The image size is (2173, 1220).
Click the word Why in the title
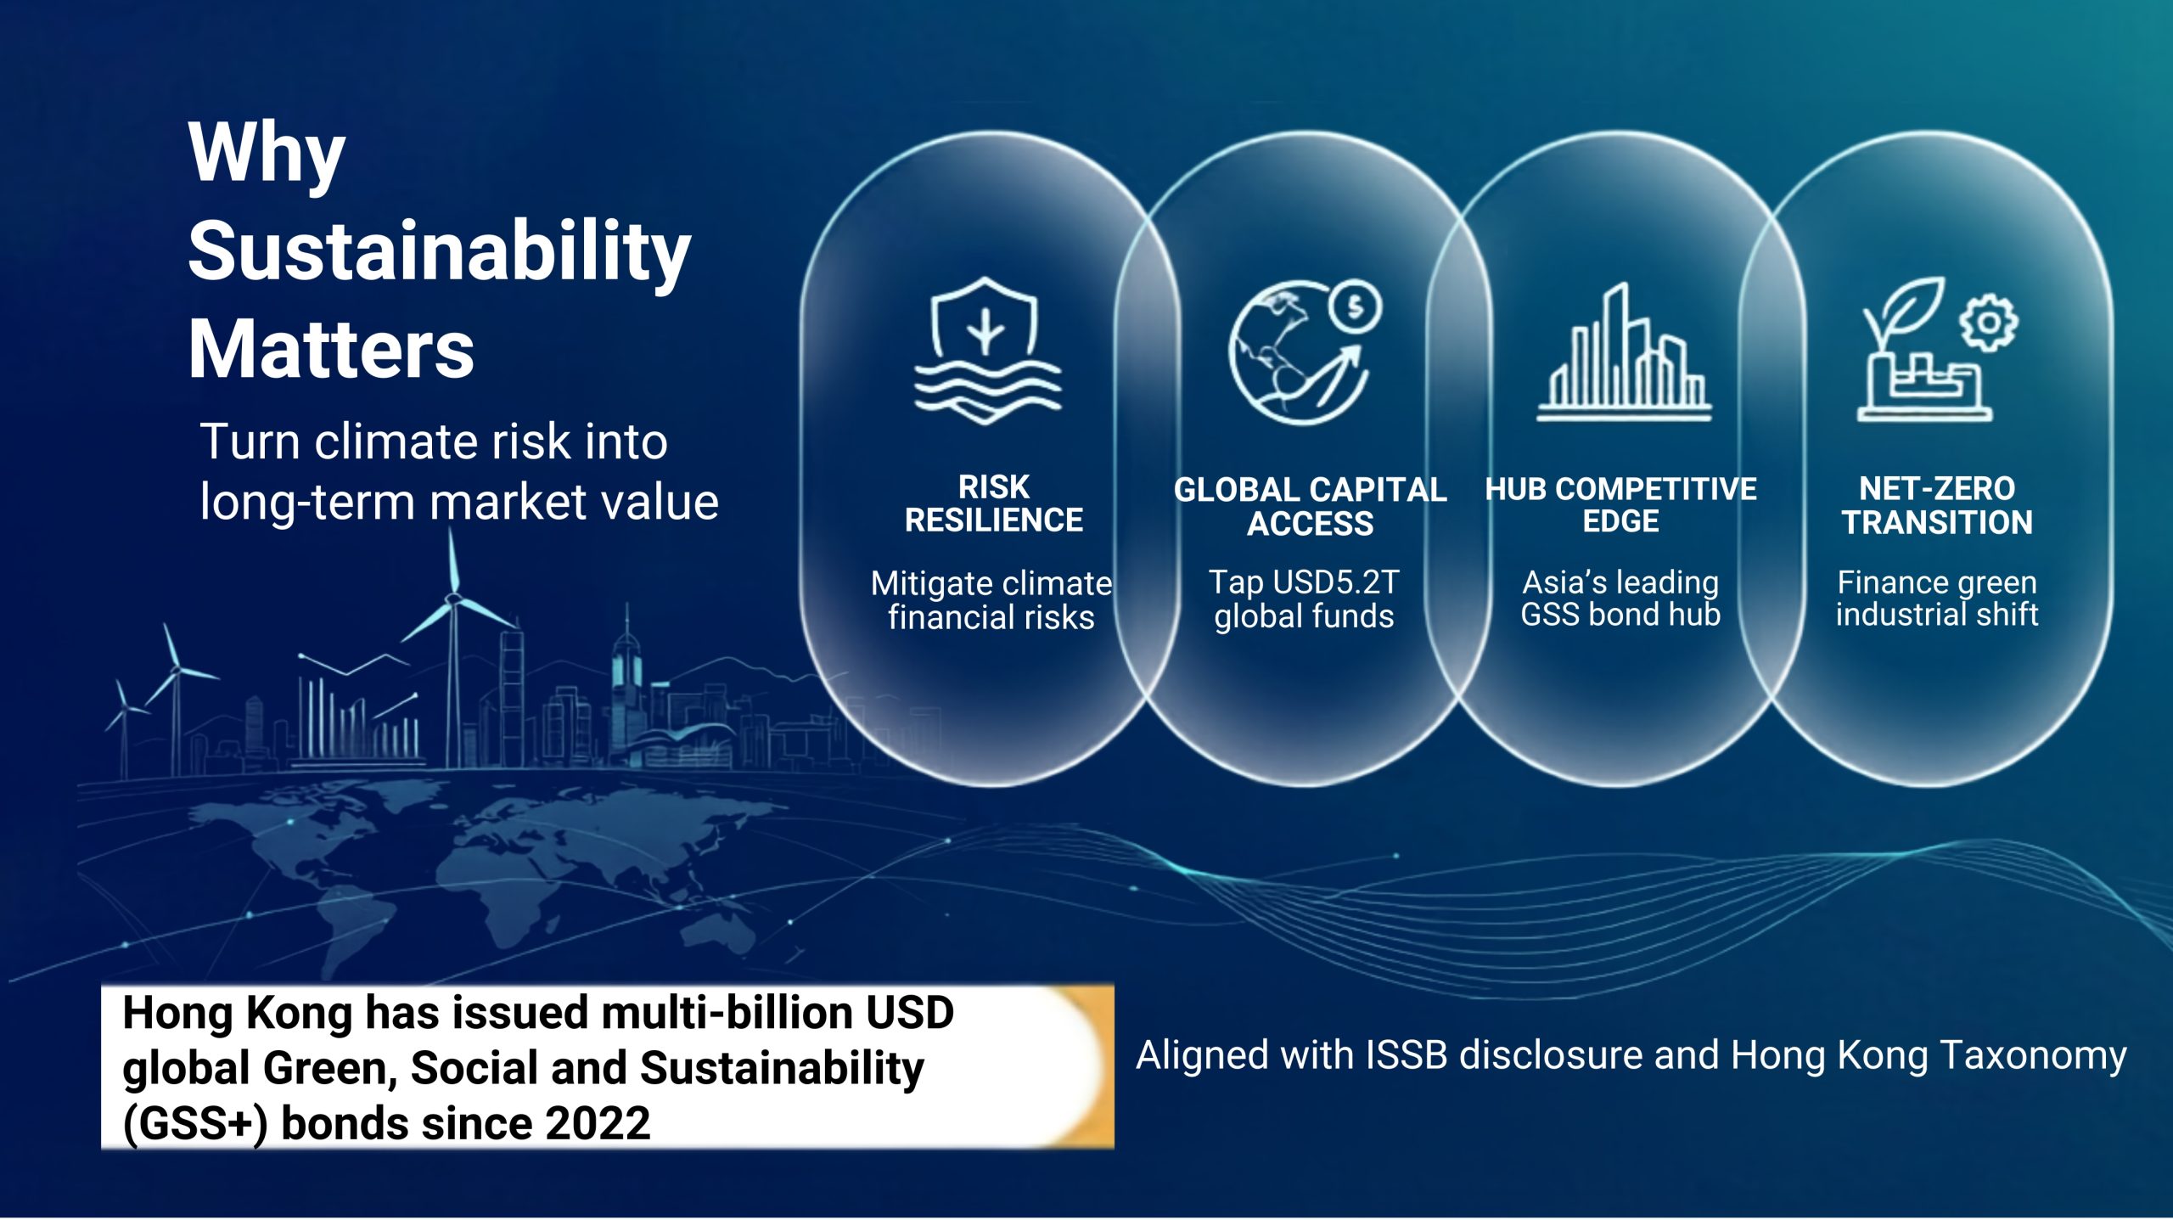[267, 155]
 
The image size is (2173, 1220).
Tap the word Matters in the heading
[331, 349]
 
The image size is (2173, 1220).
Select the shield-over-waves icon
[986, 350]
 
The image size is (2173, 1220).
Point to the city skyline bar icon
[1623, 351]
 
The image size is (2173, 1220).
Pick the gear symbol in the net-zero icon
[1988, 323]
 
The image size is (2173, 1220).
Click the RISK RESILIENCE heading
[993, 503]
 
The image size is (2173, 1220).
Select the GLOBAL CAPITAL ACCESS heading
[1310, 506]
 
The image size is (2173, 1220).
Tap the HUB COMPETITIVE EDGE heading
[1620, 504]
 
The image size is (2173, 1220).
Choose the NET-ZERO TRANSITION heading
[1937, 505]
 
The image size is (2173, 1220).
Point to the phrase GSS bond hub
[1620, 614]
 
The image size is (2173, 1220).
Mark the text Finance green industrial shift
[1937, 598]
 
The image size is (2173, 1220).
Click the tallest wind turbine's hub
[453, 599]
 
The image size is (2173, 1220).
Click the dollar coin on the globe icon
[1356, 306]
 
